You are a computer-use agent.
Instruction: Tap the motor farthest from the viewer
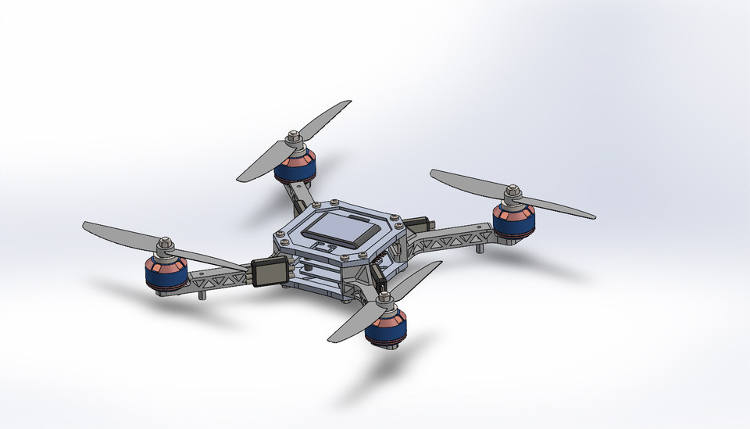(295, 166)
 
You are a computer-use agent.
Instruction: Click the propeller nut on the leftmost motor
(165, 245)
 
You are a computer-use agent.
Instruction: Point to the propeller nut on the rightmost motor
(513, 191)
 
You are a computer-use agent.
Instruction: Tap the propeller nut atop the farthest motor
(294, 139)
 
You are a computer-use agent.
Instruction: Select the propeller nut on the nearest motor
(384, 298)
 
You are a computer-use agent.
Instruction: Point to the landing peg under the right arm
(478, 249)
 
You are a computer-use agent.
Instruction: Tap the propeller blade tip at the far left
(85, 225)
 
